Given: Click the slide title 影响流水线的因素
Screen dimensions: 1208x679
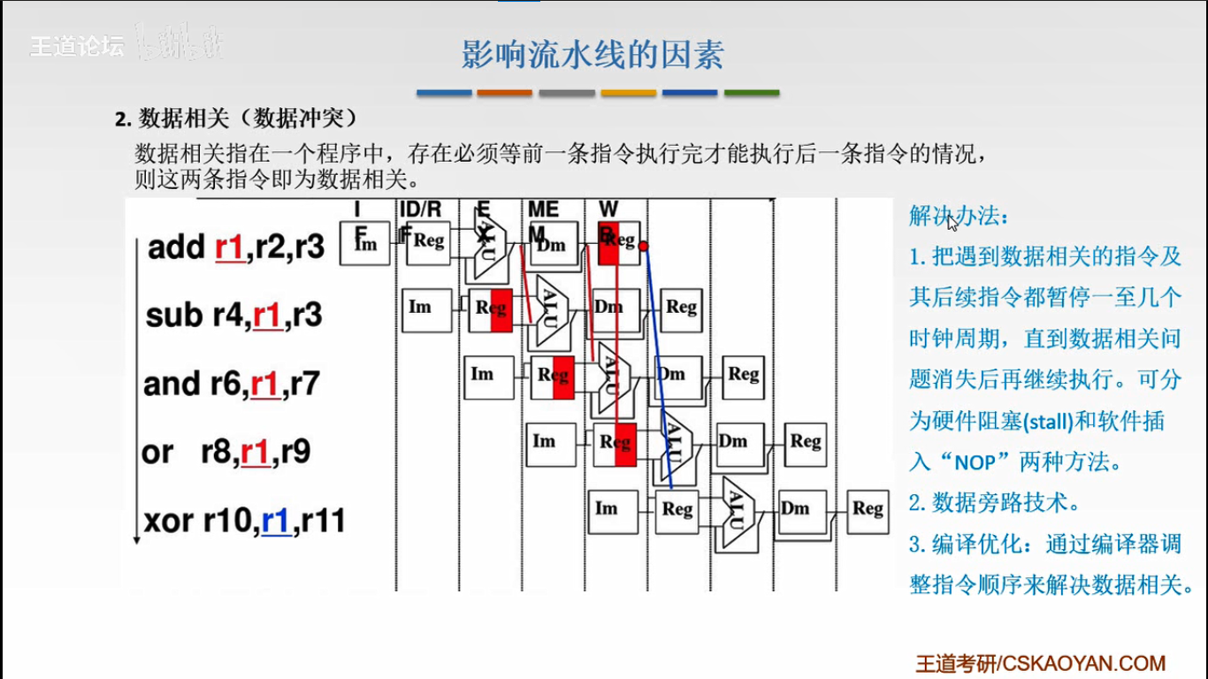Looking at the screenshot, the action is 593,55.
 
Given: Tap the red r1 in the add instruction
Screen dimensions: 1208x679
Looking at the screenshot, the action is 229,248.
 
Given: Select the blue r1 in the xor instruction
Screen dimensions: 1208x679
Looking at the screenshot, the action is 276,522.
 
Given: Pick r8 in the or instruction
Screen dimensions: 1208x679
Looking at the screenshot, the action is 217,453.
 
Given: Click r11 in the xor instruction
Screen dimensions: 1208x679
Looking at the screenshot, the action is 323,522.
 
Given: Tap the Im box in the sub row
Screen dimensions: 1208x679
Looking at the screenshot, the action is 420,308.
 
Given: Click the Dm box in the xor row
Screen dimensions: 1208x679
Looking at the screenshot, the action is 795,509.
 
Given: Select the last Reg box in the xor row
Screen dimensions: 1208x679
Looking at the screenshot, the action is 868,509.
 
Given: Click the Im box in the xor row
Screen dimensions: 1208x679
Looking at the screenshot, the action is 607,509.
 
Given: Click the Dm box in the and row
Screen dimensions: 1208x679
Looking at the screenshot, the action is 671,375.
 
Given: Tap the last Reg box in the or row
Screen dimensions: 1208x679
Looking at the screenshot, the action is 806,441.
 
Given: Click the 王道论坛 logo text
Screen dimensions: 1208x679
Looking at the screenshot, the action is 77,46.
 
